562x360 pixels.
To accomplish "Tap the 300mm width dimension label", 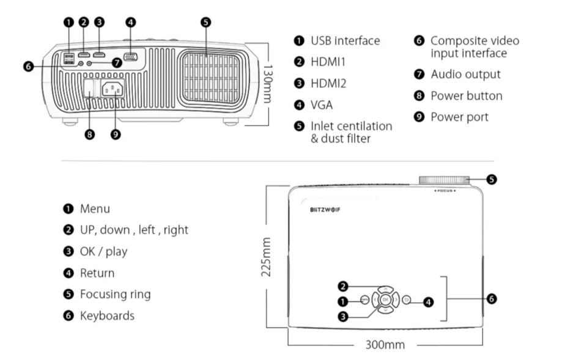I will click(x=385, y=345).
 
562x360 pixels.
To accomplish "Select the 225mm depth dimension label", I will click(x=267, y=257).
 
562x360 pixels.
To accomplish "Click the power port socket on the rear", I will click(x=113, y=89).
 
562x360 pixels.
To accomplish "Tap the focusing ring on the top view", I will click(x=445, y=180).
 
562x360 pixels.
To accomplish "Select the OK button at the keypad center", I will click(x=385, y=300).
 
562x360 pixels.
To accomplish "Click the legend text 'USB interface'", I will click(x=345, y=41).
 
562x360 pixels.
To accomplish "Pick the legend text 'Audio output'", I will click(x=465, y=74).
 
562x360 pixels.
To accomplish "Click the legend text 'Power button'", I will click(x=466, y=95).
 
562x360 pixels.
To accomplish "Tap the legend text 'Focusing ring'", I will click(x=115, y=294).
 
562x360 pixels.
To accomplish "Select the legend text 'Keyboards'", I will click(x=107, y=315).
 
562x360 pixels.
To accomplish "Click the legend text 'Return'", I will click(x=97, y=273).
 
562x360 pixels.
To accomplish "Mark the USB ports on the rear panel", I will click(x=68, y=57).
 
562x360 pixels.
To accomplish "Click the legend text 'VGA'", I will click(x=322, y=105).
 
